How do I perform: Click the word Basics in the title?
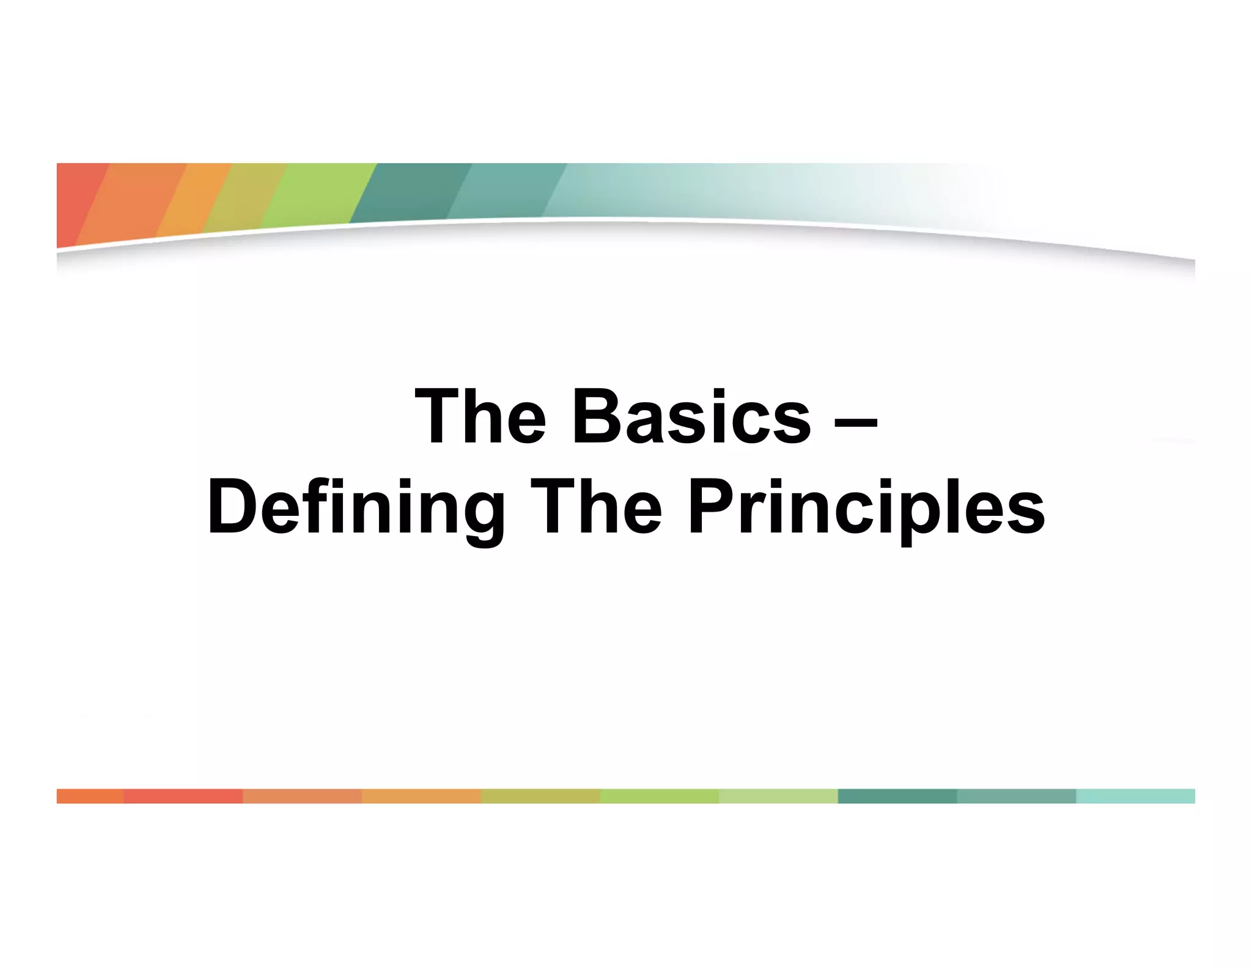[x=691, y=417]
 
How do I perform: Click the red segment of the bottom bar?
[x=183, y=796]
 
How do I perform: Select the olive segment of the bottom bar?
[x=540, y=796]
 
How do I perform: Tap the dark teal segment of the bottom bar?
[x=897, y=796]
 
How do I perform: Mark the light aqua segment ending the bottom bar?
[x=1135, y=796]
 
